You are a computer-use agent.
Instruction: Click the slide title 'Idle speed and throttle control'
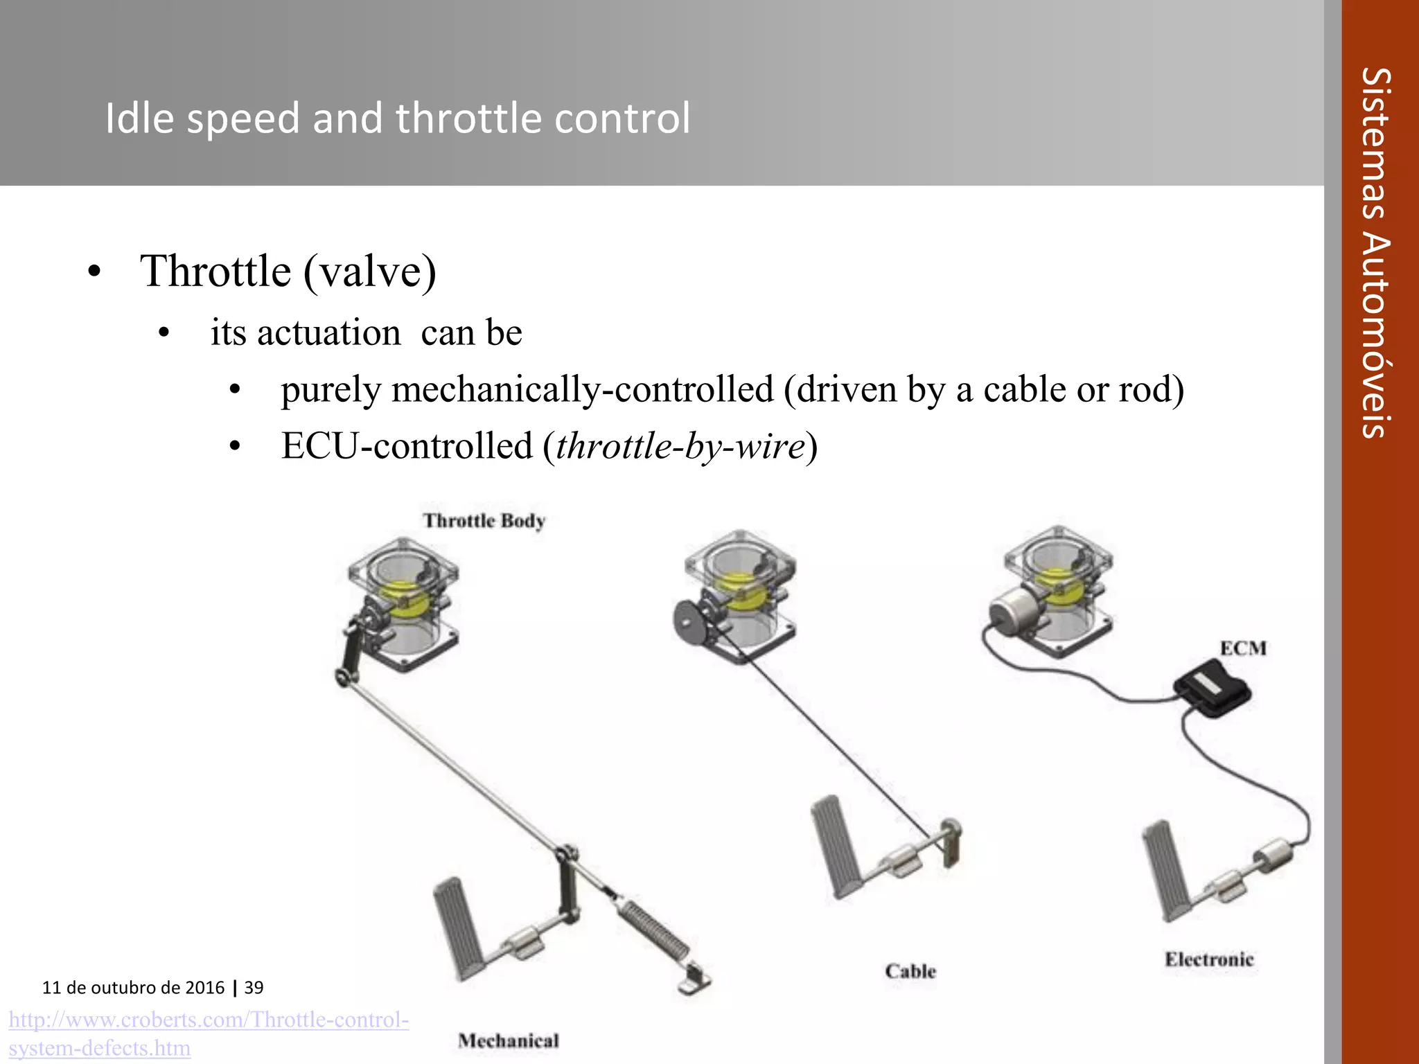(397, 118)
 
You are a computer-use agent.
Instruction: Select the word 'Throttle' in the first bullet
(215, 271)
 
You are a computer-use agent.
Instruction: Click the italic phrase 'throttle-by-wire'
(680, 446)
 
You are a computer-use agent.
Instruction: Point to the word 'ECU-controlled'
(407, 446)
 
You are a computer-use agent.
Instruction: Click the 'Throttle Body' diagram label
(484, 521)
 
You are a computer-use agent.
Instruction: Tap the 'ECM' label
(1243, 648)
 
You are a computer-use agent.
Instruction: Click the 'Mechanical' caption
(508, 1040)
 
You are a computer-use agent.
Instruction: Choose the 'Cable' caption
(910, 971)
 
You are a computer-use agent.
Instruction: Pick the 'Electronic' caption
(1209, 959)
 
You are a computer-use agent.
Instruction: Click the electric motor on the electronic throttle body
(1011, 610)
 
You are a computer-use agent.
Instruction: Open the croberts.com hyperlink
(209, 1033)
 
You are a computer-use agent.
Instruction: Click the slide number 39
(254, 987)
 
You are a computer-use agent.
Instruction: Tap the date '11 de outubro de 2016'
(133, 987)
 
